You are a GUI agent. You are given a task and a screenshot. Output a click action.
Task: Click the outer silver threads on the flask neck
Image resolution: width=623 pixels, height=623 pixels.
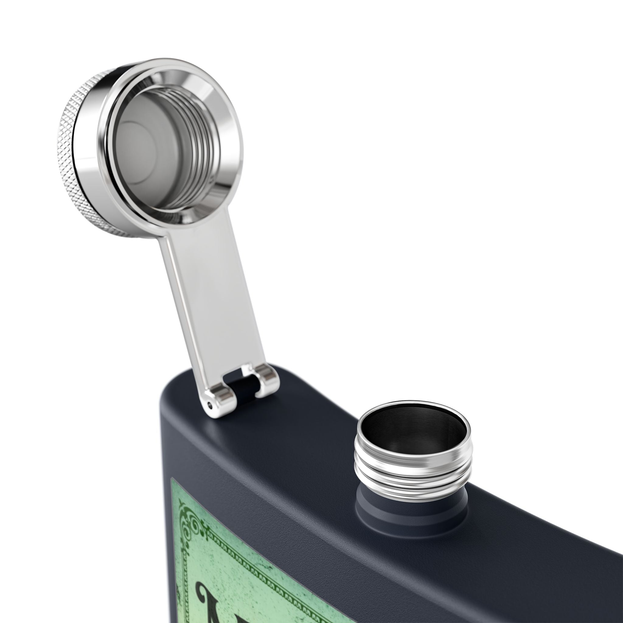[409, 468]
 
